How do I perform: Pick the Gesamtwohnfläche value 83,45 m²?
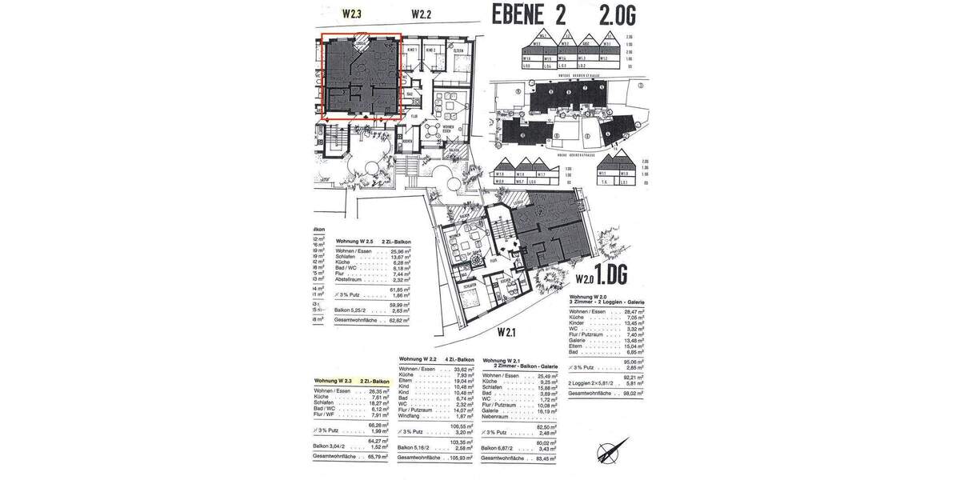click(546, 458)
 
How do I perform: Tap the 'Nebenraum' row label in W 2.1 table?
click(498, 416)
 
